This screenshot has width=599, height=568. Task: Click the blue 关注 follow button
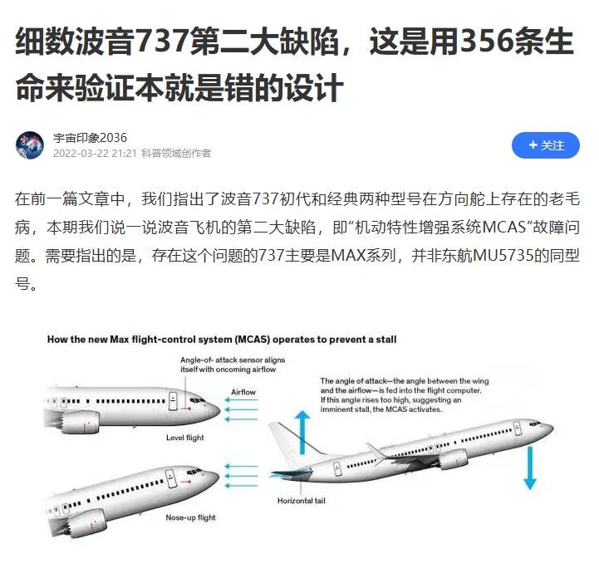546,145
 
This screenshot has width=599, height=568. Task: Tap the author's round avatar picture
30,145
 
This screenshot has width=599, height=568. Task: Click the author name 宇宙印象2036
90,137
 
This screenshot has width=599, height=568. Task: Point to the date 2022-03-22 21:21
95,154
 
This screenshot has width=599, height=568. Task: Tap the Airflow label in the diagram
243,392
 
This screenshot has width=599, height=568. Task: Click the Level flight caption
185,438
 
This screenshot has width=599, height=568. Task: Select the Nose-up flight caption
190,517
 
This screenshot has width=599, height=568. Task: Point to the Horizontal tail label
301,501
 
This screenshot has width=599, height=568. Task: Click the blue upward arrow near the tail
302,432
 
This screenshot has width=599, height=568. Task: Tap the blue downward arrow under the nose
530,468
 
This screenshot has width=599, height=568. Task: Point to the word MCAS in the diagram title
248,340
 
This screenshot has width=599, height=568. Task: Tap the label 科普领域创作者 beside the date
176,154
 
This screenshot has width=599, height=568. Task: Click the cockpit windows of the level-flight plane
198,400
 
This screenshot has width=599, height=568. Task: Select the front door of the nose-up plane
171,478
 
